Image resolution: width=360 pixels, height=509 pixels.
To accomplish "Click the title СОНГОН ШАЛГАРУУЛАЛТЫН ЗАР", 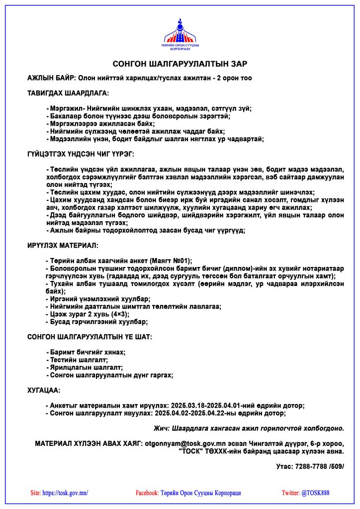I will [180, 64].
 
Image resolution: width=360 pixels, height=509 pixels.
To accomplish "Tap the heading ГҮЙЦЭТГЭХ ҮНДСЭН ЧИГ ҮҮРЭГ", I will [80, 155].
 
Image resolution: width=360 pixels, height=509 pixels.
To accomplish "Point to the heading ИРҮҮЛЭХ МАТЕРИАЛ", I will [63, 246].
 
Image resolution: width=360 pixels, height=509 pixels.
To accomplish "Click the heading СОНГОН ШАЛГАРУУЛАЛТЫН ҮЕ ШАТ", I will [90, 337].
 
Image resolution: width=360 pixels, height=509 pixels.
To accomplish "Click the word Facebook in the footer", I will [147, 493].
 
